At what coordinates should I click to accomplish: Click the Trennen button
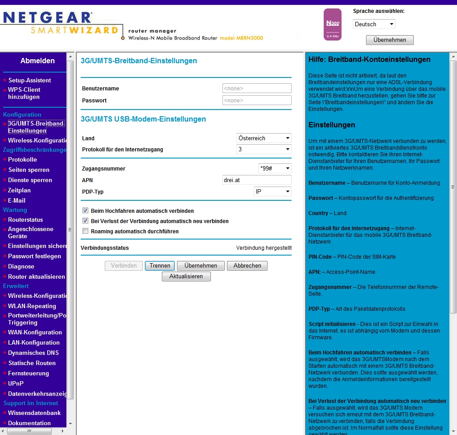click(x=160, y=266)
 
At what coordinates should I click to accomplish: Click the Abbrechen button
click(x=247, y=266)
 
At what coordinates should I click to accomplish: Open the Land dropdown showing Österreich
click(x=264, y=138)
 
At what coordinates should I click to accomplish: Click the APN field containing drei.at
click(x=257, y=180)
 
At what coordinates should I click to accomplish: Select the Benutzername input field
click(x=257, y=88)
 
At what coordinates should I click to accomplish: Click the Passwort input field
click(x=257, y=100)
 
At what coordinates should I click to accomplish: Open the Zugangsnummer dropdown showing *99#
click(x=275, y=168)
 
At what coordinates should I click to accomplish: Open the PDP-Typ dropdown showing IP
click(x=272, y=191)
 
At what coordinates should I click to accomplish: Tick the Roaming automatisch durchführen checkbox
click(x=85, y=231)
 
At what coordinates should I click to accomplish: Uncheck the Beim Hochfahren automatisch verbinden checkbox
click(x=85, y=211)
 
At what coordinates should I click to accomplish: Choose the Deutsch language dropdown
click(x=374, y=24)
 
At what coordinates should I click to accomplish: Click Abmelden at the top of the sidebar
click(x=37, y=61)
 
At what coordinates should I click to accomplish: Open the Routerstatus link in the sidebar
click(x=25, y=220)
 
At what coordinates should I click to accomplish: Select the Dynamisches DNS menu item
click(x=33, y=353)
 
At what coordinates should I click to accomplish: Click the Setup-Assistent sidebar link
click(x=29, y=80)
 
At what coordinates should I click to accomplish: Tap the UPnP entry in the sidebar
click(x=16, y=383)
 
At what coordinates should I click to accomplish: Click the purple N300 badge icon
click(x=332, y=24)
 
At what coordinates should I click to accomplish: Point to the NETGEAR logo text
click(x=47, y=17)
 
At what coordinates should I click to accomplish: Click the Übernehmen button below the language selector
click(x=390, y=40)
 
